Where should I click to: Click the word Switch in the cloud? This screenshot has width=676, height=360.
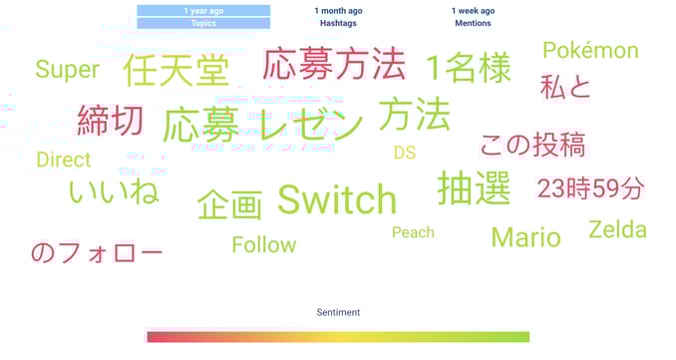click(337, 199)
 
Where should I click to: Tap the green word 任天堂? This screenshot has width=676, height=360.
click(175, 71)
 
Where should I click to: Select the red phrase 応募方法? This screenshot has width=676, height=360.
click(334, 66)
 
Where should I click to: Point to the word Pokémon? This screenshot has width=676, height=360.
click(590, 50)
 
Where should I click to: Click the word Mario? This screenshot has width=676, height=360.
click(525, 237)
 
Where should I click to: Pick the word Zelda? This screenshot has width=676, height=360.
click(617, 229)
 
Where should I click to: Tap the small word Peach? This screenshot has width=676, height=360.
click(413, 232)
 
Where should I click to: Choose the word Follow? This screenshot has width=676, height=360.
click(264, 244)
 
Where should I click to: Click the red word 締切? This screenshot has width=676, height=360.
click(111, 121)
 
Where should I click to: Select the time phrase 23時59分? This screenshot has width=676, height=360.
click(590, 187)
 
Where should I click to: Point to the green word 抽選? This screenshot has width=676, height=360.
click(474, 187)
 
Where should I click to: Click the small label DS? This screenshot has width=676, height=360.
click(404, 153)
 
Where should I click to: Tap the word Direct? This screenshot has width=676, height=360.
click(63, 160)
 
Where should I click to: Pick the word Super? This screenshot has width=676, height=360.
click(67, 70)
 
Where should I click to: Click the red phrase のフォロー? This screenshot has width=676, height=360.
click(96, 252)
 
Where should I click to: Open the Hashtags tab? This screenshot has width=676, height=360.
click(338, 23)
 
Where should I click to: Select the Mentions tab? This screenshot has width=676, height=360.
click(473, 23)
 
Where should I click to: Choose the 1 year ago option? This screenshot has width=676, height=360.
click(203, 11)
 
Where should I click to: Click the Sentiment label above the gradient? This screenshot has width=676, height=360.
click(338, 312)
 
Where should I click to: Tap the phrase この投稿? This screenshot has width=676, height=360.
click(532, 145)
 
